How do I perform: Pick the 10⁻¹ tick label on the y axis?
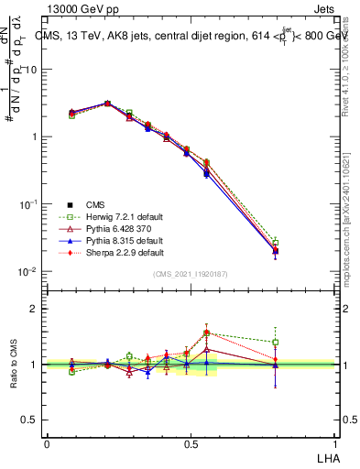28,204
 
